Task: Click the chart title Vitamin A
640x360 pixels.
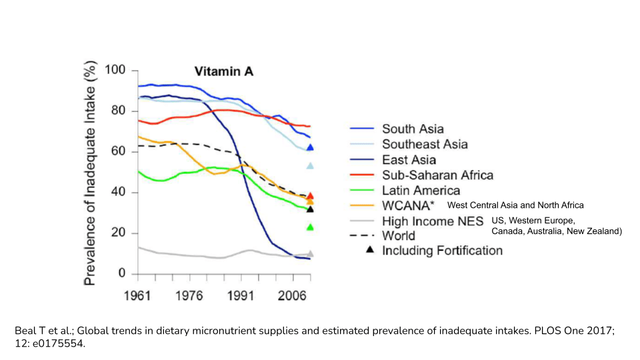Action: pos(223,71)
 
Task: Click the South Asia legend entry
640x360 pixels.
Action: pos(413,129)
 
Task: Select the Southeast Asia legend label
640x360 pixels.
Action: pos(425,144)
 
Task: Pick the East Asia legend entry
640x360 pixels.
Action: pos(409,159)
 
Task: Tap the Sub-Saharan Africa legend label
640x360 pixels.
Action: pos(437,175)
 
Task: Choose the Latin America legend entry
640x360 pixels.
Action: pos(421,191)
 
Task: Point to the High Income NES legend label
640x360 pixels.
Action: pos(433,221)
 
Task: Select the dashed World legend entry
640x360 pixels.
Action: pos(398,235)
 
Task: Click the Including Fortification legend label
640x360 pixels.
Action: pos(442,251)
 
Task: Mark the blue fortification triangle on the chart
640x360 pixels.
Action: pos(310,147)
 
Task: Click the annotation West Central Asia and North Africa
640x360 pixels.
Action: pos(515,205)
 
